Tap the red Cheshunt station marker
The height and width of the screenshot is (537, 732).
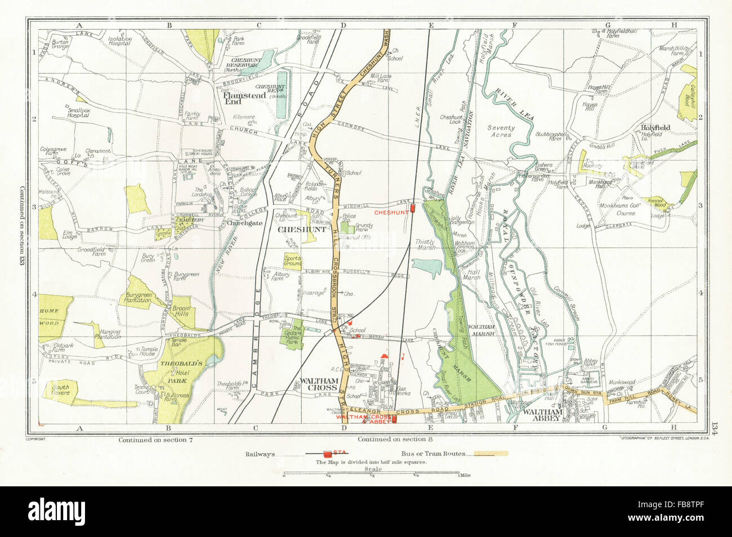click(413, 209)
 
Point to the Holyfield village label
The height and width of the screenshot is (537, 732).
click(655, 128)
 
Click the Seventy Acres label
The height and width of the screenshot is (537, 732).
click(501, 131)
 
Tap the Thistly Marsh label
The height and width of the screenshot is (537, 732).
click(427, 244)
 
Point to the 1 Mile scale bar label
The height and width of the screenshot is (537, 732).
click(465, 476)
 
